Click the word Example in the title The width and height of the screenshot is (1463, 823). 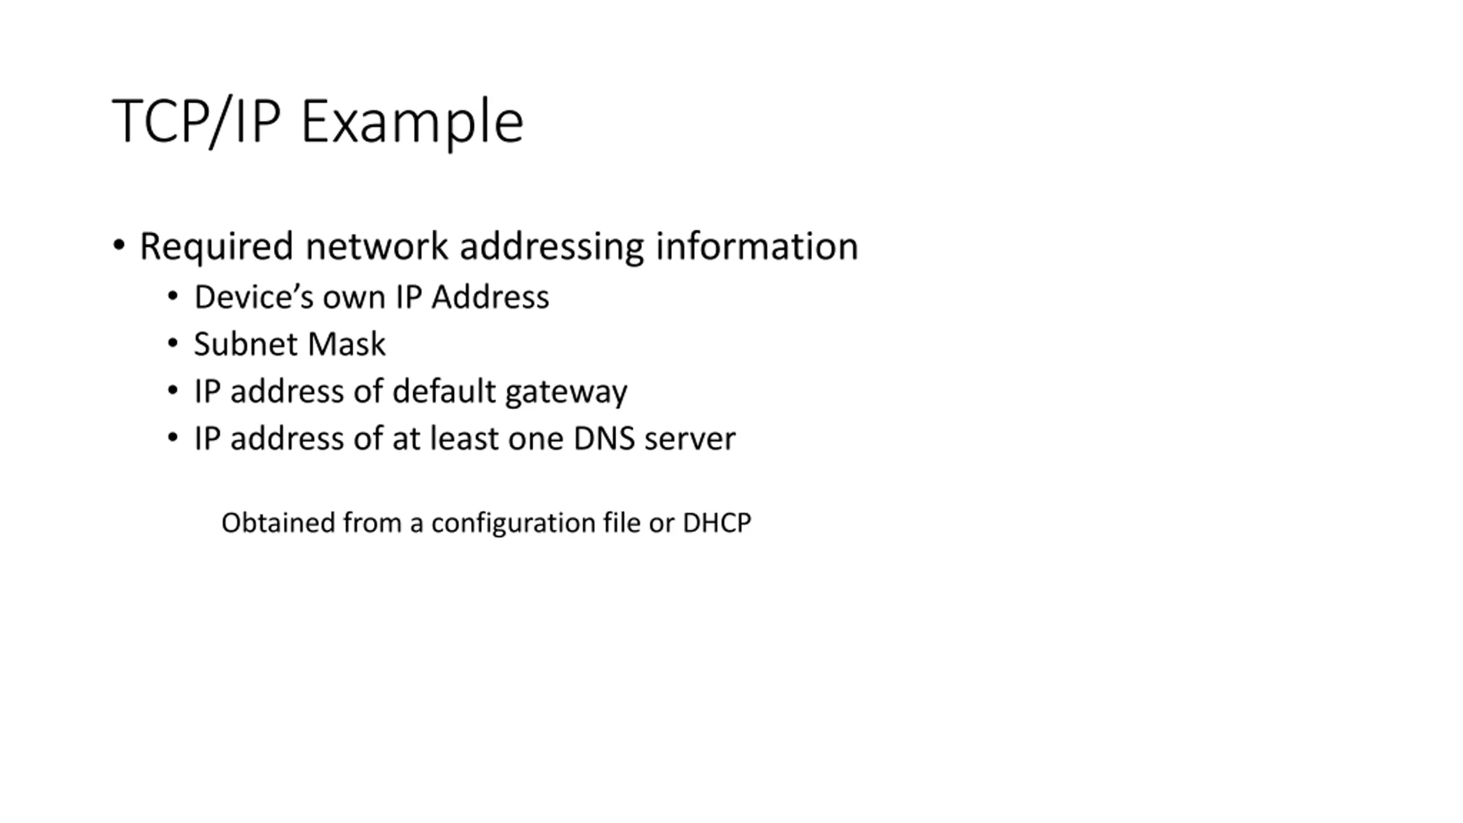[411, 121]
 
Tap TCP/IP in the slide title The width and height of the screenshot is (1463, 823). [196, 121]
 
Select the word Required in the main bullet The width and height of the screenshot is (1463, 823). [216, 247]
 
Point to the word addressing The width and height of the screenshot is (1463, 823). [551, 247]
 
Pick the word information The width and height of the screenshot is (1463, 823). [757, 247]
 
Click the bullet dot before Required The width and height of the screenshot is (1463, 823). [119, 246]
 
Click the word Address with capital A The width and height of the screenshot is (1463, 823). [490, 297]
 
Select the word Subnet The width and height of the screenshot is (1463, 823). [246, 344]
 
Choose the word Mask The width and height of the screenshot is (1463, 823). [346, 344]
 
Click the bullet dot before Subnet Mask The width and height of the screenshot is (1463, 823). [173, 343]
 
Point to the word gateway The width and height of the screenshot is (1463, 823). [566, 392]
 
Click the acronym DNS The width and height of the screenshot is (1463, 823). [604, 439]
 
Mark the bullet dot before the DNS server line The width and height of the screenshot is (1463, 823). [173, 438]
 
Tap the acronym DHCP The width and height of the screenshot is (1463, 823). [717, 523]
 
